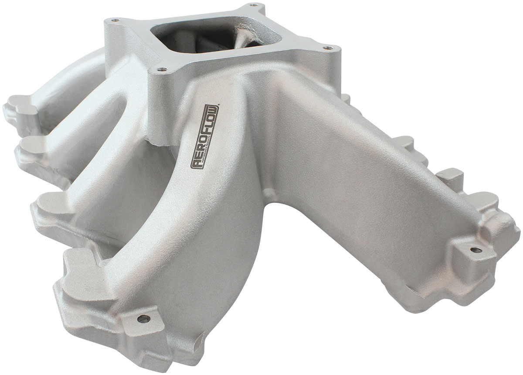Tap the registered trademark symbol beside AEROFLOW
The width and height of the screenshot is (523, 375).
(x=219, y=103)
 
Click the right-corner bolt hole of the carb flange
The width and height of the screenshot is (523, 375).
(x=326, y=47)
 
